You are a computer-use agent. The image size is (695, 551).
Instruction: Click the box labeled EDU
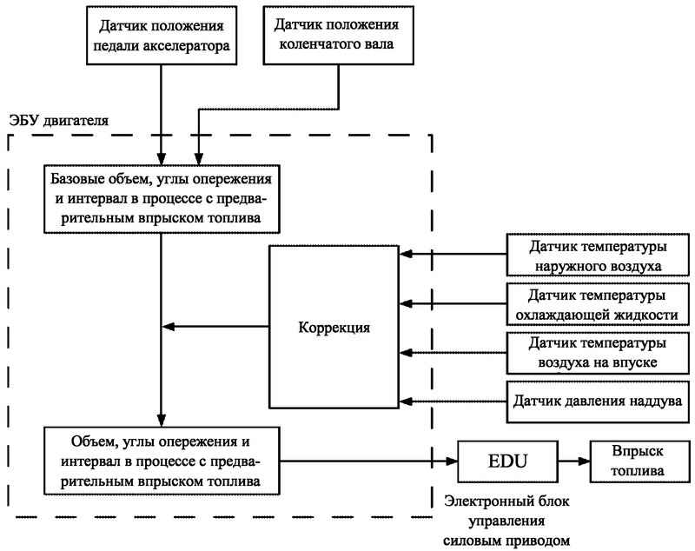[x=507, y=461]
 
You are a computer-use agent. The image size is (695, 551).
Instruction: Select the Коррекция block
[x=334, y=327]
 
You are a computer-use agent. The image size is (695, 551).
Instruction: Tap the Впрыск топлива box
[x=640, y=461]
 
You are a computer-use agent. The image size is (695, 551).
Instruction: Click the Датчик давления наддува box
[x=598, y=402]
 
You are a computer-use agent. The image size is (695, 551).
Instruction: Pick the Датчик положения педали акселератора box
[x=162, y=36]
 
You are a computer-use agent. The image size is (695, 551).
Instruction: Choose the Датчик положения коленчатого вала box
[x=339, y=36]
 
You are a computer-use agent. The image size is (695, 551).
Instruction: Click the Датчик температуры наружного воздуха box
[x=598, y=256]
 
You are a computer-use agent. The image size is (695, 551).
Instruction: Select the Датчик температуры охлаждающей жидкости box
[x=598, y=304]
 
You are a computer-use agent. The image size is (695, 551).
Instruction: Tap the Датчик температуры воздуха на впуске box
[x=598, y=353]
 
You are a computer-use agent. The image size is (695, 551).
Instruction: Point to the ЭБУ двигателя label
[x=58, y=121]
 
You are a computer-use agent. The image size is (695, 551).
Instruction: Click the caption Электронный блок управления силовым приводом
[x=506, y=521]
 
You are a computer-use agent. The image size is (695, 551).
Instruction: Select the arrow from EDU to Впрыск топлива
[x=574, y=461]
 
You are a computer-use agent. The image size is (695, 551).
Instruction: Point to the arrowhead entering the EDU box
[x=451, y=461]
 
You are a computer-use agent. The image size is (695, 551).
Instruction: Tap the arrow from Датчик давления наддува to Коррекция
[x=453, y=402]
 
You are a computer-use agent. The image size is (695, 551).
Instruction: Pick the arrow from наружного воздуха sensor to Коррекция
[x=453, y=254]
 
